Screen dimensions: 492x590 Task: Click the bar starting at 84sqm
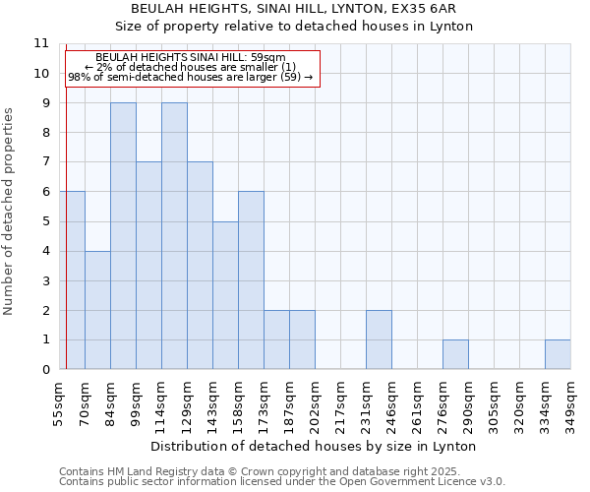pos(123,236)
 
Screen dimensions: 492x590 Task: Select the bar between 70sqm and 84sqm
pos(97,310)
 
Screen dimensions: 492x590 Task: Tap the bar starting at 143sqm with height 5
pos(225,295)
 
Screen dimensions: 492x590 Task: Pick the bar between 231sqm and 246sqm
pos(379,339)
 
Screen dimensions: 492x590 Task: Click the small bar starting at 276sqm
pos(455,354)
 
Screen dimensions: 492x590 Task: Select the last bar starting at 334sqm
pos(558,354)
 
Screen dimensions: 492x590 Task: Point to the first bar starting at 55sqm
pos(72,280)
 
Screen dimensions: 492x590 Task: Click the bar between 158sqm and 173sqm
pos(251,280)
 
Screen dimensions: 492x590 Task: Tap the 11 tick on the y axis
pos(41,43)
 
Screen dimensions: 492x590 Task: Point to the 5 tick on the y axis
pos(45,221)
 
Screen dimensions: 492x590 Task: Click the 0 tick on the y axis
pos(45,370)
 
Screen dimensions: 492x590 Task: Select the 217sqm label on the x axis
pos(340,401)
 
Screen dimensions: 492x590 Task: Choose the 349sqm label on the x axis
pos(570,401)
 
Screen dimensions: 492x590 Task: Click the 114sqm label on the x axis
pos(161,401)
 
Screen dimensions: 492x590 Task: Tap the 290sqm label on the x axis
pos(468,401)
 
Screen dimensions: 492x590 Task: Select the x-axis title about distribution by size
pos(315,446)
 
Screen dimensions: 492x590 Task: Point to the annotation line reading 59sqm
pos(191,58)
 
